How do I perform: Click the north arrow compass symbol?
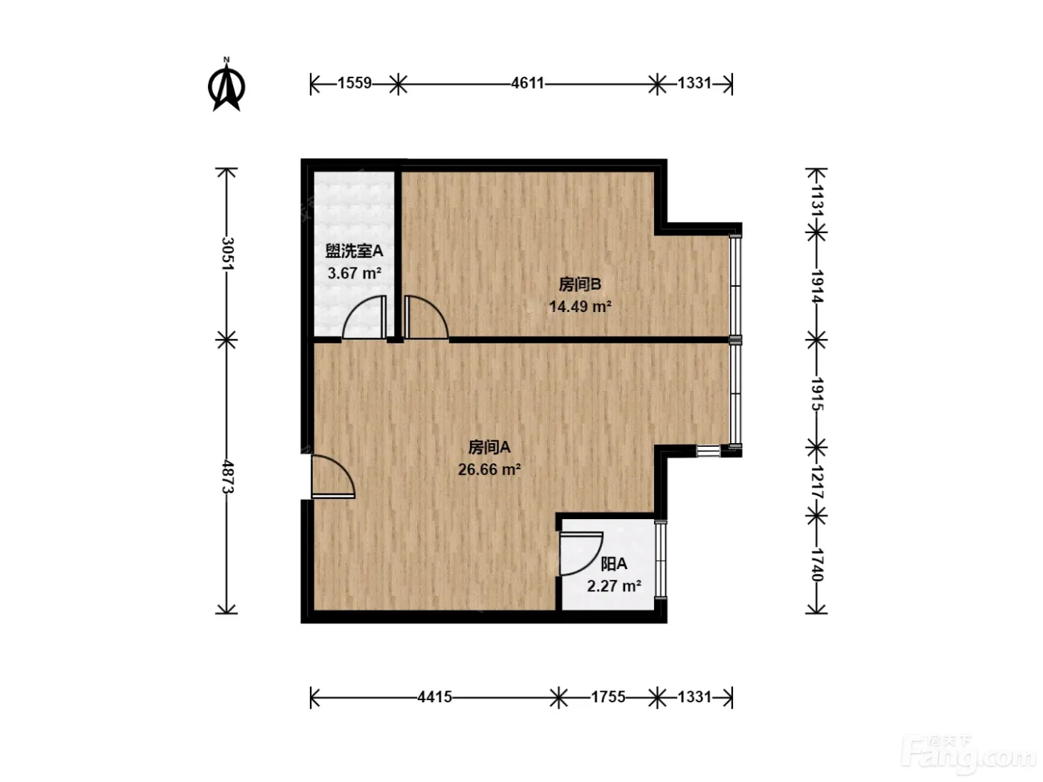click(226, 86)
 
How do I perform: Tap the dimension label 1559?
click(355, 83)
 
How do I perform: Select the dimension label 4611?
click(527, 83)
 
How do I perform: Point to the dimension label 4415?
click(435, 697)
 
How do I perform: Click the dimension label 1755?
click(608, 697)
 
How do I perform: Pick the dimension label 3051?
click(228, 253)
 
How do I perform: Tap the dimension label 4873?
click(228, 476)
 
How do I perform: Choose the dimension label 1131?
click(817, 200)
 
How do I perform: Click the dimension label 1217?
click(817, 481)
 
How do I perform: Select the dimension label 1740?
click(817, 565)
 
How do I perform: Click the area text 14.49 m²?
click(580, 307)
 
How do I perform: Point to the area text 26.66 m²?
click(489, 470)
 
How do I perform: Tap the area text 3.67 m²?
click(355, 273)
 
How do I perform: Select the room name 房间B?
click(580, 284)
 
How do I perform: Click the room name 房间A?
click(489, 448)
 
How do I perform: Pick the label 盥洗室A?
click(354, 251)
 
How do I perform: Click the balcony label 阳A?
click(614, 564)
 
